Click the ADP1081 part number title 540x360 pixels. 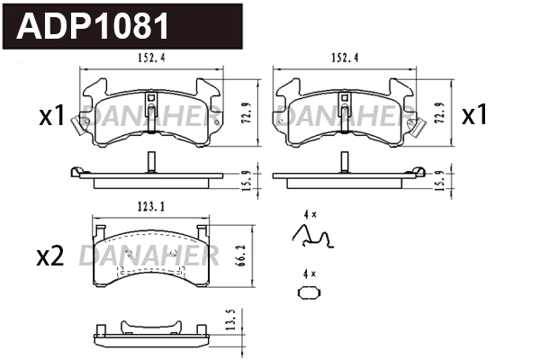(x=94, y=27)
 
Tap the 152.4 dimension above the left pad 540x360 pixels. (x=151, y=59)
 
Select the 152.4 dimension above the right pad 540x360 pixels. (x=344, y=59)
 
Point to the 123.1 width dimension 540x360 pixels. (x=149, y=206)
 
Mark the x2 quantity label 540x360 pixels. (x=49, y=257)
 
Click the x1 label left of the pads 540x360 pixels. (x=51, y=116)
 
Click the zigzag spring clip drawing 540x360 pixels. (x=314, y=237)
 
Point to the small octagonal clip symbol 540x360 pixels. (x=309, y=292)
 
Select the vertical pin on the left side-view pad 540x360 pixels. (x=148, y=163)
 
